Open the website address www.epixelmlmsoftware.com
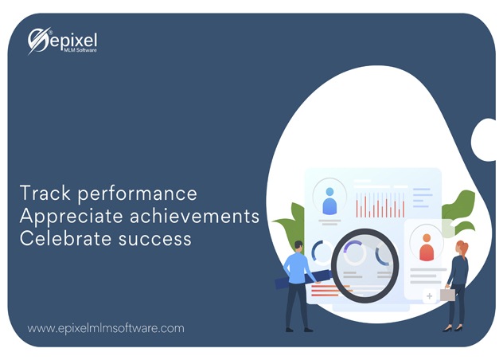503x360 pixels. [106, 327]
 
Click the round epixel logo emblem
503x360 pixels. [38, 41]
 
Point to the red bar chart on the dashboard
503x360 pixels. [380, 206]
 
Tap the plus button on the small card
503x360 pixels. [430, 296]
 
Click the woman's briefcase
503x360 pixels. [447, 295]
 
